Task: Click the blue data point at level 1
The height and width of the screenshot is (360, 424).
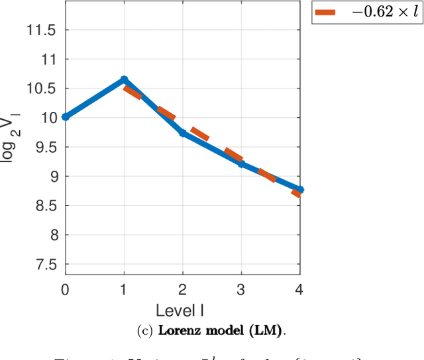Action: [x=124, y=79]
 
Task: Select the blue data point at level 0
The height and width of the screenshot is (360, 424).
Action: [x=65, y=116]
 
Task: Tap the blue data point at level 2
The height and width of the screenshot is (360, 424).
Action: [x=182, y=133]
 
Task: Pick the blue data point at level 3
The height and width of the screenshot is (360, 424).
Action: [x=241, y=163]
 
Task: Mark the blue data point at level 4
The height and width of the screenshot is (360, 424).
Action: [x=300, y=190]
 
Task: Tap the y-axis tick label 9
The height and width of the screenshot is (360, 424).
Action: [x=51, y=177]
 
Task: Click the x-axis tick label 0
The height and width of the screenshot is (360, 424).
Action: [x=65, y=290]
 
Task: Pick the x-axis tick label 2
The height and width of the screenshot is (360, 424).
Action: [x=182, y=290]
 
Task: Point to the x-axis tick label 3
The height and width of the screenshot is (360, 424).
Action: [x=241, y=290]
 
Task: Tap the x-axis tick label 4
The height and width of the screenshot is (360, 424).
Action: [x=300, y=290]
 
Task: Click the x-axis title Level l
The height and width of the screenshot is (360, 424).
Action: [x=182, y=310]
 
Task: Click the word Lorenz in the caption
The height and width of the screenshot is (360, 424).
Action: [x=178, y=330]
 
